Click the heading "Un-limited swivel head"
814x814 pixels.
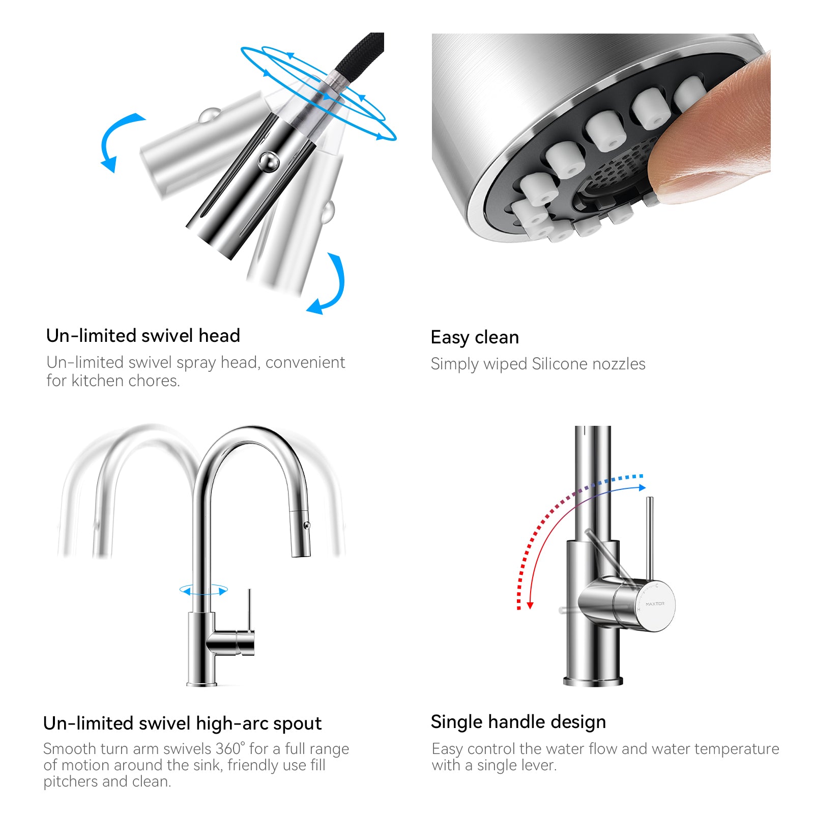143,336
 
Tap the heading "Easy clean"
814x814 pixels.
475,337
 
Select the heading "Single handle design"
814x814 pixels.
518,722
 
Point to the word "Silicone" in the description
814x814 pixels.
559,364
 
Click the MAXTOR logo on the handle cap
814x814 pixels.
655,604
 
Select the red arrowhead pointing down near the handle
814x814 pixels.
530,605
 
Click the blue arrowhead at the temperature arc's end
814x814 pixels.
642,487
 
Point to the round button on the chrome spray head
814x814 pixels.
268,162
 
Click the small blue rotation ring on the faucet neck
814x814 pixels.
203,590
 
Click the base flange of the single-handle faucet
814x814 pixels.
593,681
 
